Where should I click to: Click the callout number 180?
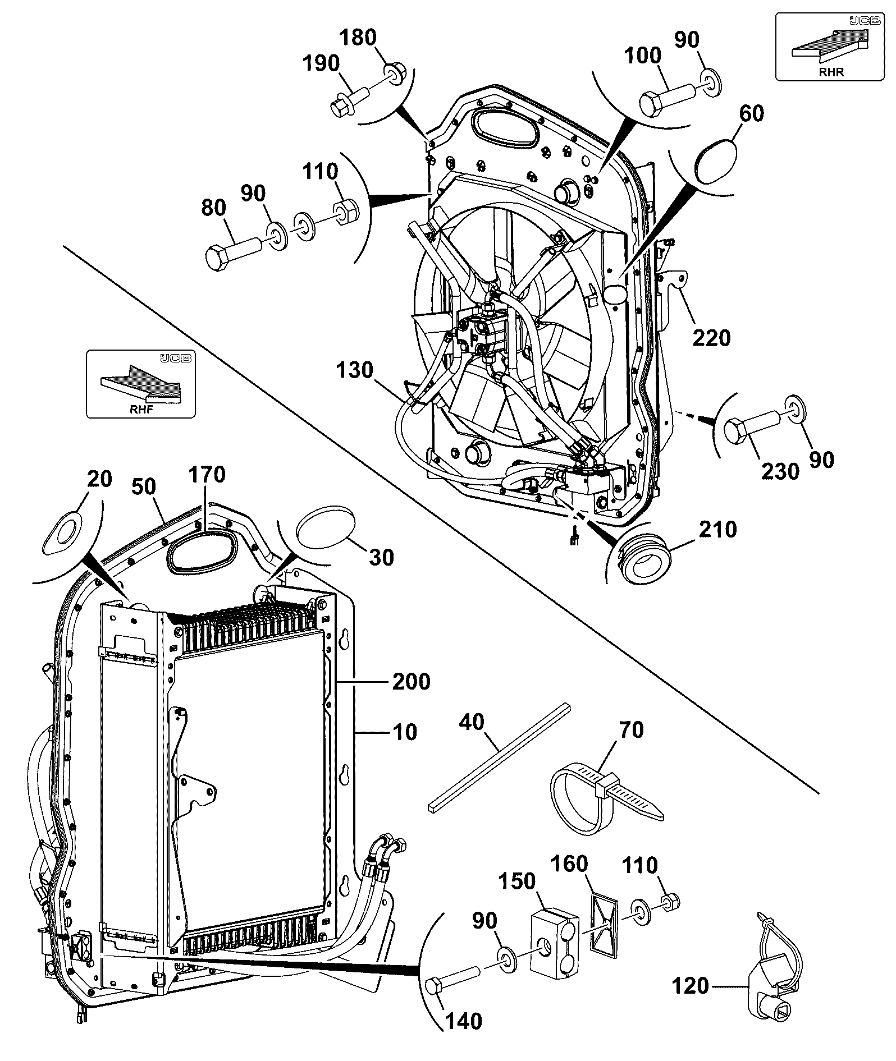tap(359, 38)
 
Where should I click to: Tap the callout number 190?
tap(320, 63)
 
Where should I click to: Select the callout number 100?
tap(643, 56)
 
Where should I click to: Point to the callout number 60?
tap(751, 113)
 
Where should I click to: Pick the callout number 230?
tap(780, 471)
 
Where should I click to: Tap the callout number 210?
tap(717, 529)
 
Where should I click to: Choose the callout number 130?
tap(355, 370)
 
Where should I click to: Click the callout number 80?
tap(213, 208)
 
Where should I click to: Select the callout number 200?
tap(411, 682)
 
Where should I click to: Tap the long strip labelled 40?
tap(499, 755)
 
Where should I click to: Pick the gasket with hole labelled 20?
tap(61, 533)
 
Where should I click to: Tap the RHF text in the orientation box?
tap(141, 409)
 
